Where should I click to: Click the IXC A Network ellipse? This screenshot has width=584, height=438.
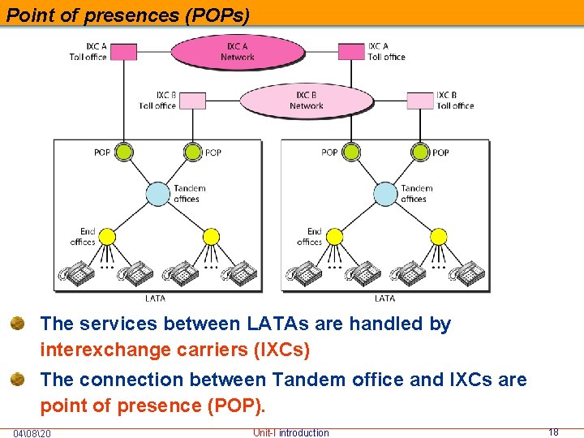[x=237, y=52]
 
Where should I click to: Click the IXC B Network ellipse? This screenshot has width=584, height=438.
[x=306, y=101]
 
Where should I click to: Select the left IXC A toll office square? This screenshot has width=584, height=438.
[x=123, y=52]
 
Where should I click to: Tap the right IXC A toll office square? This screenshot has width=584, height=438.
[x=352, y=52]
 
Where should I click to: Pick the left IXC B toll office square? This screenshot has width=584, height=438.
[x=192, y=101]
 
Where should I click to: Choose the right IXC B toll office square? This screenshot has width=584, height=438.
[x=420, y=101]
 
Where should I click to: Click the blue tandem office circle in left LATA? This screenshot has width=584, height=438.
[x=158, y=194]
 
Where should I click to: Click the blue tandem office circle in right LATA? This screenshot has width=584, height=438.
[x=385, y=194]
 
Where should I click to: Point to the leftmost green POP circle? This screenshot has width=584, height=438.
[x=123, y=152]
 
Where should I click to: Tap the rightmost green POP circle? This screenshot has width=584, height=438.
[x=420, y=152]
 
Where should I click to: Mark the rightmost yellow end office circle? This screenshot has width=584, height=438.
[x=438, y=236]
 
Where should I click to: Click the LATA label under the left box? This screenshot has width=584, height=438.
[x=155, y=298]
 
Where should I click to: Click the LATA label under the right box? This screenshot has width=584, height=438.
[x=385, y=298]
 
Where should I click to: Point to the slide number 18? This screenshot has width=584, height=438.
[x=553, y=432]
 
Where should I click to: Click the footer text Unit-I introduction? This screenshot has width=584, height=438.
[x=291, y=432]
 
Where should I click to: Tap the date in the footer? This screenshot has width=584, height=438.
[x=32, y=433]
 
